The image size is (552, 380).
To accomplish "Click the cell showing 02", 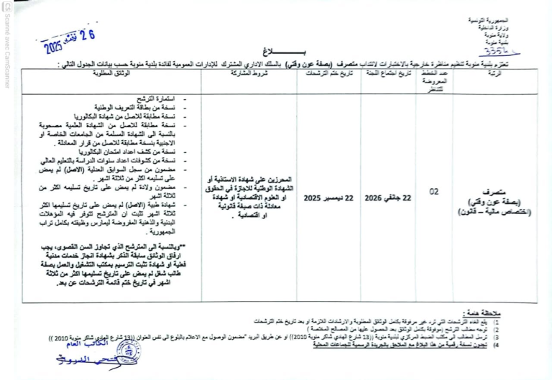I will [433, 193].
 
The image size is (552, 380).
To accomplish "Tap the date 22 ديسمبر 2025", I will [328, 196].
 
